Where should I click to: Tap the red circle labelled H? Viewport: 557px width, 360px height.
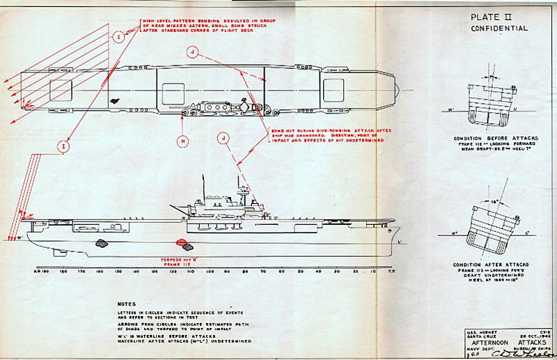pyautogui.click(x=182, y=141)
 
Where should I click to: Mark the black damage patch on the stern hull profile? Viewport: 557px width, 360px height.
pyautogui.click(x=103, y=243)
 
